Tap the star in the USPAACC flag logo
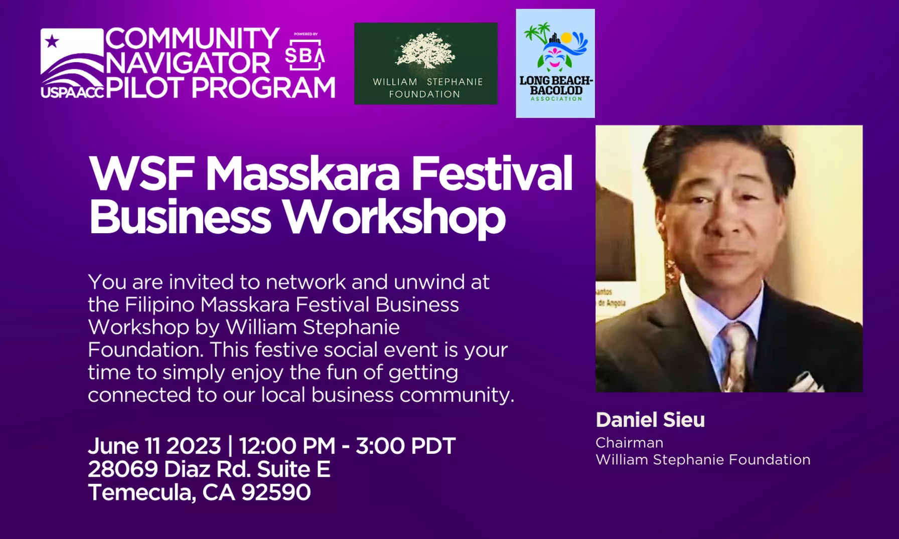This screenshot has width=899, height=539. (x=52, y=41)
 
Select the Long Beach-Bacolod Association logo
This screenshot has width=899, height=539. (x=555, y=63)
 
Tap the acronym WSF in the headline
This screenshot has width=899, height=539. (x=141, y=173)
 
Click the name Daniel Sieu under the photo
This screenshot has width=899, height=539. (x=650, y=420)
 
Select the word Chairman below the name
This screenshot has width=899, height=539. (x=630, y=443)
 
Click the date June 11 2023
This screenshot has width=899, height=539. (x=155, y=446)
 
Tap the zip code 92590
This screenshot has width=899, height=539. (x=276, y=492)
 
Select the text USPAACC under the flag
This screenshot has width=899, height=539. (x=73, y=92)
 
